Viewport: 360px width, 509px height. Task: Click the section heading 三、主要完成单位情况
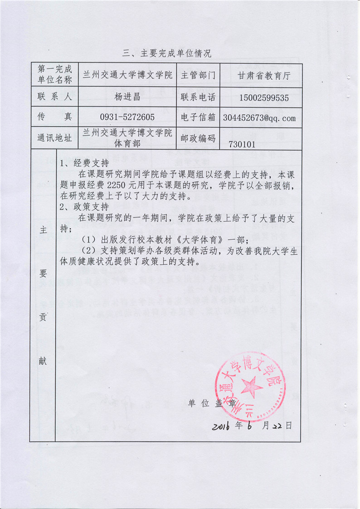click(167, 53)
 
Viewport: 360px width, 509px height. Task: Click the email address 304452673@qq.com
click(259, 118)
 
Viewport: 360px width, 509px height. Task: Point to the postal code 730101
click(243, 145)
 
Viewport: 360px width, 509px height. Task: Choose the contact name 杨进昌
click(128, 97)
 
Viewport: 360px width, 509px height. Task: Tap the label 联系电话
click(198, 97)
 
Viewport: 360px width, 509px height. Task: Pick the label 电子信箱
click(198, 118)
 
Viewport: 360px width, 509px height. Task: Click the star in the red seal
click(250, 386)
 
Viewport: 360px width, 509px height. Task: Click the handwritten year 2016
click(225, 426)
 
